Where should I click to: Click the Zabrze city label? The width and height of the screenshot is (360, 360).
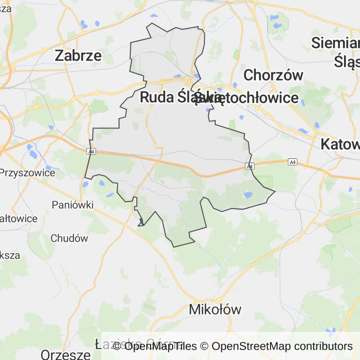(x=78, y=55)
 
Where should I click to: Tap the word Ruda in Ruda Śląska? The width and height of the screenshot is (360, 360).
(x=158, y=97)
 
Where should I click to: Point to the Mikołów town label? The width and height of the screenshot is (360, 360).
(x=215, y=309)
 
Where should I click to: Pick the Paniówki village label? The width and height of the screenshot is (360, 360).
(x=73, y=205)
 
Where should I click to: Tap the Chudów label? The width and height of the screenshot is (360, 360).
(x=69, y=238)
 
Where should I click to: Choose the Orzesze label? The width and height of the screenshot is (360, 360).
(x=65, y=354)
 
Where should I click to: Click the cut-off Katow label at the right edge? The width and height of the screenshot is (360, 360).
(x=340, y=144)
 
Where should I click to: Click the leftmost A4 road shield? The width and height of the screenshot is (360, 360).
(x=91, y=151)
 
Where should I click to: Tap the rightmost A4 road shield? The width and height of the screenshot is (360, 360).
(x=293, y=162)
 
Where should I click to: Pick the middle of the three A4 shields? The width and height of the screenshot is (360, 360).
(x=250, y=166)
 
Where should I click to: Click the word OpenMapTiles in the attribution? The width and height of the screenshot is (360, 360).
(x=160, y=346)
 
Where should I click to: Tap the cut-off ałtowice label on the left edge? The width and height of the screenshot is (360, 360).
(x=19, y=218)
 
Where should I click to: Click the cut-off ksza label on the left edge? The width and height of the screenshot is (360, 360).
(x=10, y=255)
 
